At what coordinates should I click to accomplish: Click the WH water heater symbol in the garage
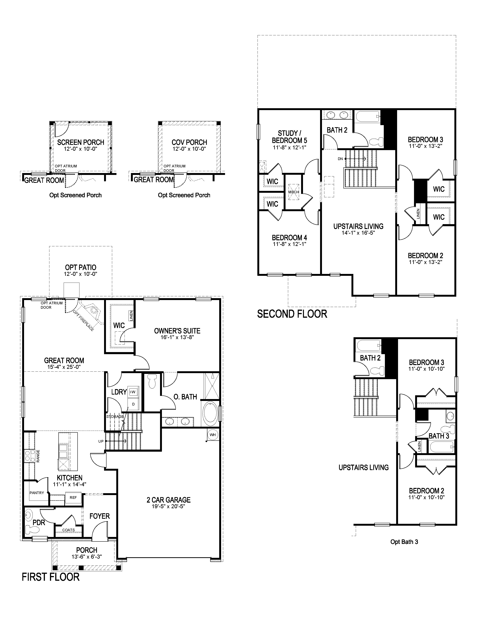coord(212,435)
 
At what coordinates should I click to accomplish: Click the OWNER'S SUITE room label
coord(177,331)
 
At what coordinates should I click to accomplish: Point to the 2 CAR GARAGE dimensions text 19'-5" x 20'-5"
coord(168,507)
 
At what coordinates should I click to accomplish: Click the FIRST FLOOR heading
coord(51,577)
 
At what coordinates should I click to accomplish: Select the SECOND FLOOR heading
coord(292,314)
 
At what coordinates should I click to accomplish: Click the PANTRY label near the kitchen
coord(37,493)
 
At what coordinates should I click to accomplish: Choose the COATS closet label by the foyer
coord(68,530)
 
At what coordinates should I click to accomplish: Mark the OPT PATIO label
coord(81,267)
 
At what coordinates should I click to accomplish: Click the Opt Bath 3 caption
coord(404,542)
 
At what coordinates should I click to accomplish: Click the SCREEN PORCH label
coord(81,142)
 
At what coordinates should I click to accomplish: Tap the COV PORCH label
coord(189,142)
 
